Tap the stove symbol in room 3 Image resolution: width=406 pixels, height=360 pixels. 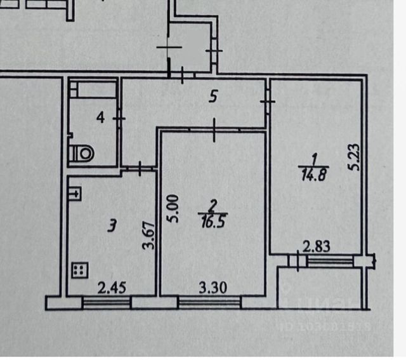click(79, 271)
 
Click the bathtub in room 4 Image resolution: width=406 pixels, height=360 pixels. click(94, 88)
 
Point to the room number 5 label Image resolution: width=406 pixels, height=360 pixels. click(214, 97)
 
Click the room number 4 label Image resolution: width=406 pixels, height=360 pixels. click(100, 117)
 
